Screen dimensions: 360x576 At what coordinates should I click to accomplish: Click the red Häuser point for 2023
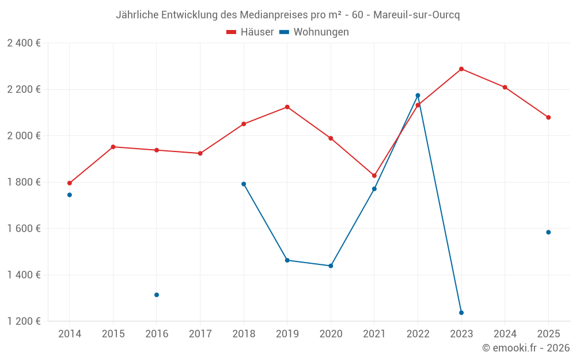point(461,69)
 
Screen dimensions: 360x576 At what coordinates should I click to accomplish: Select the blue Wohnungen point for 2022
point(418,96)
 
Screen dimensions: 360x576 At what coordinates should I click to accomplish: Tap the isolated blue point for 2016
point(157,295)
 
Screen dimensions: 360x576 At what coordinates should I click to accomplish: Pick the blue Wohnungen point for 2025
point(548,232)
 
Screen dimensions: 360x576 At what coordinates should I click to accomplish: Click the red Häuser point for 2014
point(70,183)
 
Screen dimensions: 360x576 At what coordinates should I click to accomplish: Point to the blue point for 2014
point(70,195)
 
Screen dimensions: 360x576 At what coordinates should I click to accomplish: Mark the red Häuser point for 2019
point(287,107)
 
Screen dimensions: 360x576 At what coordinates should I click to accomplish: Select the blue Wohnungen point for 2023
point(461,313)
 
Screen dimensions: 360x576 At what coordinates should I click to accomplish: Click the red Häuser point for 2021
point(374,176)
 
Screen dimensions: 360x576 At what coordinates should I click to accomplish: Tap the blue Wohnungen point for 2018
point(244,184)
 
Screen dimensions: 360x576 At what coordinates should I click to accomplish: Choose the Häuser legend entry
point(250,32)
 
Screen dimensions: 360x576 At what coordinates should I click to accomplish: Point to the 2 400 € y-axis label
point(24,43)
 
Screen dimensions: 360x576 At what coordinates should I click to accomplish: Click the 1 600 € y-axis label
point(24,229)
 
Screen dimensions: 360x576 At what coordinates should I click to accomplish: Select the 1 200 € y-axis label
point(24,321)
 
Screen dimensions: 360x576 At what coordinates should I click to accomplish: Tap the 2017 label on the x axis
point(200,334)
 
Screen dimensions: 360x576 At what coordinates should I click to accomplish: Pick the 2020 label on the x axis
point(331,334)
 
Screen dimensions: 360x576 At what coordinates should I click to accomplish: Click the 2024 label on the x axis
point(505,334)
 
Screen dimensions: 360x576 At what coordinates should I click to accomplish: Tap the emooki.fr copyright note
point(525,348)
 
